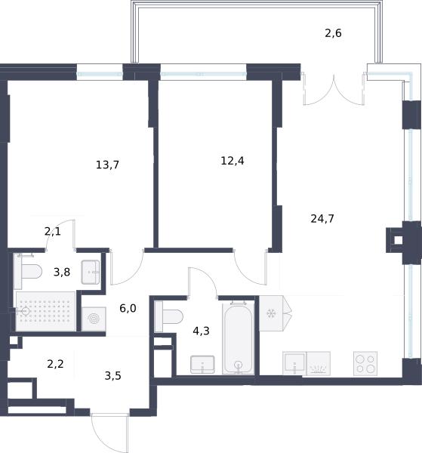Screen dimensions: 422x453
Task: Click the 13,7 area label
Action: click(107, 165)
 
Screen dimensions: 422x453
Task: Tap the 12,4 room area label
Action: click(233, 161)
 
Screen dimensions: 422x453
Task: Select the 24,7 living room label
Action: click(322, 218)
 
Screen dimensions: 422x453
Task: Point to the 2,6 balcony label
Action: click(333, 33)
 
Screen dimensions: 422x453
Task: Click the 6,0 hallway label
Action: click(128, 309)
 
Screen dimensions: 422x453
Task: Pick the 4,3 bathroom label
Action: click(201, 331)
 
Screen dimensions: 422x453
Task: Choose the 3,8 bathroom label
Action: click(62, 272)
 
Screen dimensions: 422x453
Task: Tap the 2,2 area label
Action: click(55, 364)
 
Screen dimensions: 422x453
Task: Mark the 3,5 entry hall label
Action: click(112, 376)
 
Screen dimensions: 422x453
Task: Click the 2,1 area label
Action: click(53, 232)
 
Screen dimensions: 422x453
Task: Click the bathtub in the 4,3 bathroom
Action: click(239, 337)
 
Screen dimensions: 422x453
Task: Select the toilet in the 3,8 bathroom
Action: click(28, 272)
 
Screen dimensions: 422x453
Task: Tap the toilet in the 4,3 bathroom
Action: click(169, 316)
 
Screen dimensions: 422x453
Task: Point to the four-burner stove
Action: click(365, 364)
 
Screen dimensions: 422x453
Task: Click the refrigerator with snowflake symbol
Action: click(271, 313)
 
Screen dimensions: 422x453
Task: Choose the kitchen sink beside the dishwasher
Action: click(294, 363)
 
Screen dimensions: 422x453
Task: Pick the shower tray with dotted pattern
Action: click(45, 311)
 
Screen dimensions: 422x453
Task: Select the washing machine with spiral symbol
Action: click(94, 319)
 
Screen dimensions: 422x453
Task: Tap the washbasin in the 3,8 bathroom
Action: click(91, 272)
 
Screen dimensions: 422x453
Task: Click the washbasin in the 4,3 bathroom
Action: click(202, 365)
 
